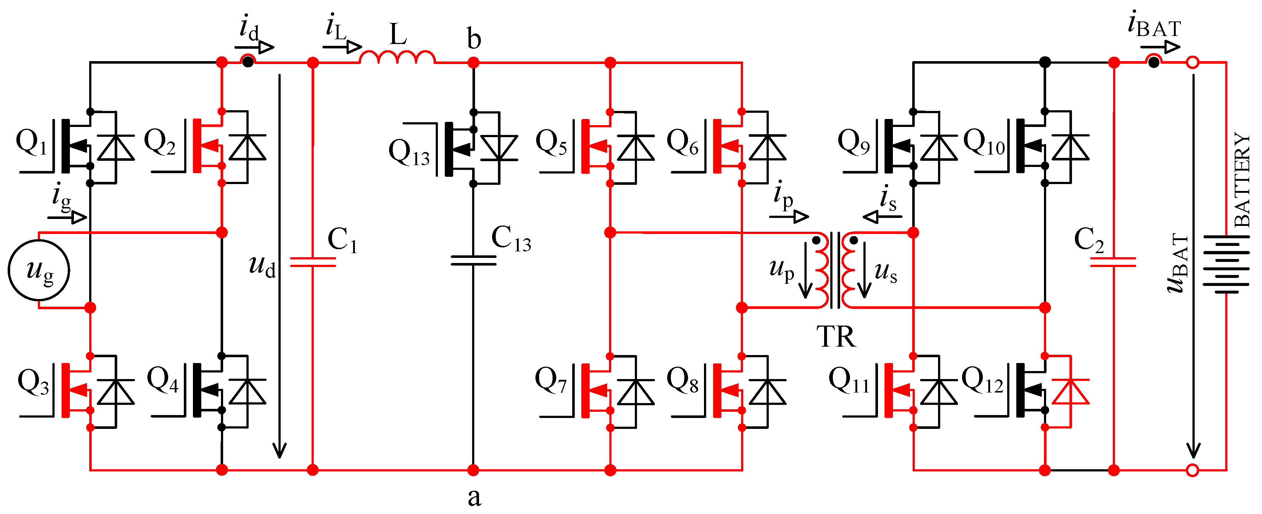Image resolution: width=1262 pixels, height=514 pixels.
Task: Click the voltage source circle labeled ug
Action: pyautogui.click(x=39, y=270)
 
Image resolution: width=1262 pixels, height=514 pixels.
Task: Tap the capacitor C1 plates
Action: pyautogui.click(x=313, y=262)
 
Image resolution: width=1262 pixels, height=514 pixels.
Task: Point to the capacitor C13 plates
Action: pyautogui.click(x=473, y=260)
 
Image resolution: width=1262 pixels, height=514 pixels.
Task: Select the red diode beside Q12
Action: pyautogui.click(x=1071, y=392)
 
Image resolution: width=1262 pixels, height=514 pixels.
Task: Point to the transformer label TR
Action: pyautogui.click(x=836, y=337)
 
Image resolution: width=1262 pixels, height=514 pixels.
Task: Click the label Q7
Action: pyautogui.click(x=551, y=380)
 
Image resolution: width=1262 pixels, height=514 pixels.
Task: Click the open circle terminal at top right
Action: pyautogui.click(x=1193, y=63)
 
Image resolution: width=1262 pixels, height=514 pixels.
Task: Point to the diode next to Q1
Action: pyautogui.click(x=116, y=147)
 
